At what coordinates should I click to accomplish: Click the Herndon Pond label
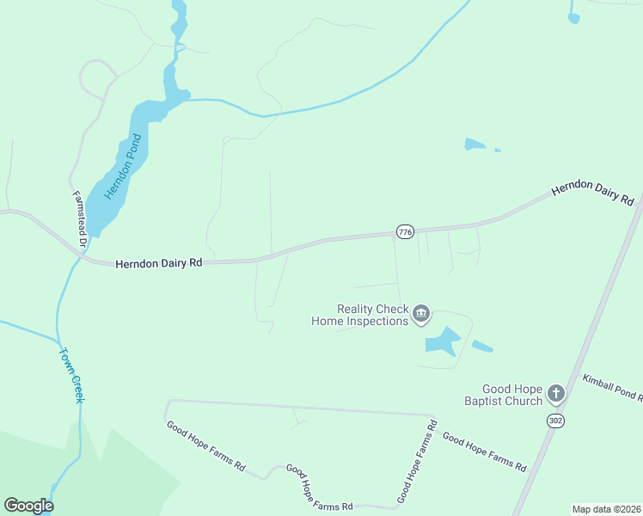pyautogui.click(x=123, y=167)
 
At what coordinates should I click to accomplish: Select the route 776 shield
pyautogui.click(x=405, y=232)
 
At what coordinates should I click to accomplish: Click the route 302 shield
pyautogui.click(x=555, y=421)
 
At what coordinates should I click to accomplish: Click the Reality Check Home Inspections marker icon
pyautogui.click(x=421, y=314)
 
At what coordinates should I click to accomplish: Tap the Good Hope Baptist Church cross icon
pyautogui.click(x=556, y=395)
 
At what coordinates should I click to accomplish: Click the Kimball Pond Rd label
pyautogui.click(x=612, y=388)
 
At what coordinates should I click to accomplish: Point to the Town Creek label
pyautogui.click(x=71, y=375)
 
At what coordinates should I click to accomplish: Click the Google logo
pyautogui.click(x=28, y=506)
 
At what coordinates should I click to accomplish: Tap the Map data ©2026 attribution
pyautogui.click(x=606, y=509)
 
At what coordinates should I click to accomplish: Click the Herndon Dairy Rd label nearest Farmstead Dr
pyautogui.click(x=158, y=263)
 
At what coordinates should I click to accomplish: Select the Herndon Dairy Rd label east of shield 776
pyautogui.click(x=592, y=193)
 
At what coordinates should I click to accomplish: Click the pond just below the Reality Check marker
pyautogui.click(x=442, y=341)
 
